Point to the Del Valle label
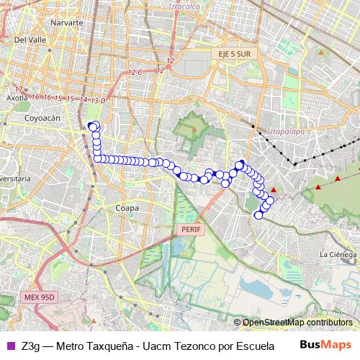[30, 40]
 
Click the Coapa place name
[127, 207]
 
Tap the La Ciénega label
[338, 254]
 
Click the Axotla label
[17, 97]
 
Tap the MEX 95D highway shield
[37, 296]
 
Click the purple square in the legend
[9, 345]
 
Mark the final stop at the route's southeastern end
[259, 214]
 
